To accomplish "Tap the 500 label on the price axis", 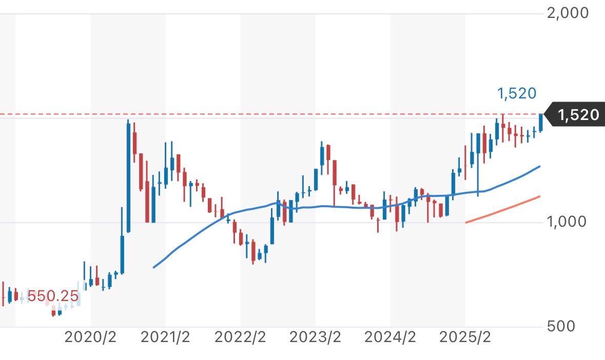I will click(x=560, y=326).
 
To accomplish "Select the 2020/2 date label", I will click(x=90, y=337).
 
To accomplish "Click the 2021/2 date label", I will click(x=165, y=337).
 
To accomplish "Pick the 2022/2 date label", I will click(x=240, y=337).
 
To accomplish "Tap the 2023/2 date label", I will click(x=315, y=337).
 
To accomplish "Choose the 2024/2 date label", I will click(x=390, y=337).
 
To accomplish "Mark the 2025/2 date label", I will click(x=465, y=337).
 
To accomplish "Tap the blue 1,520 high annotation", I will click(x=516, y=93).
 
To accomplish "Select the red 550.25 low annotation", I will click(x=53, y=296).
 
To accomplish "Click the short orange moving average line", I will click(x=503, y=210).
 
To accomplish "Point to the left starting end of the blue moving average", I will click(x=154, y=267).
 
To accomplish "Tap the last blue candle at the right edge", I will click(x=540, y=123).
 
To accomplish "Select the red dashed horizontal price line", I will click(x=257, y=114).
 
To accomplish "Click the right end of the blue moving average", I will click(x=540, y=167).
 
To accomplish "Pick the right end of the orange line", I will click(x=540, y=196).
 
